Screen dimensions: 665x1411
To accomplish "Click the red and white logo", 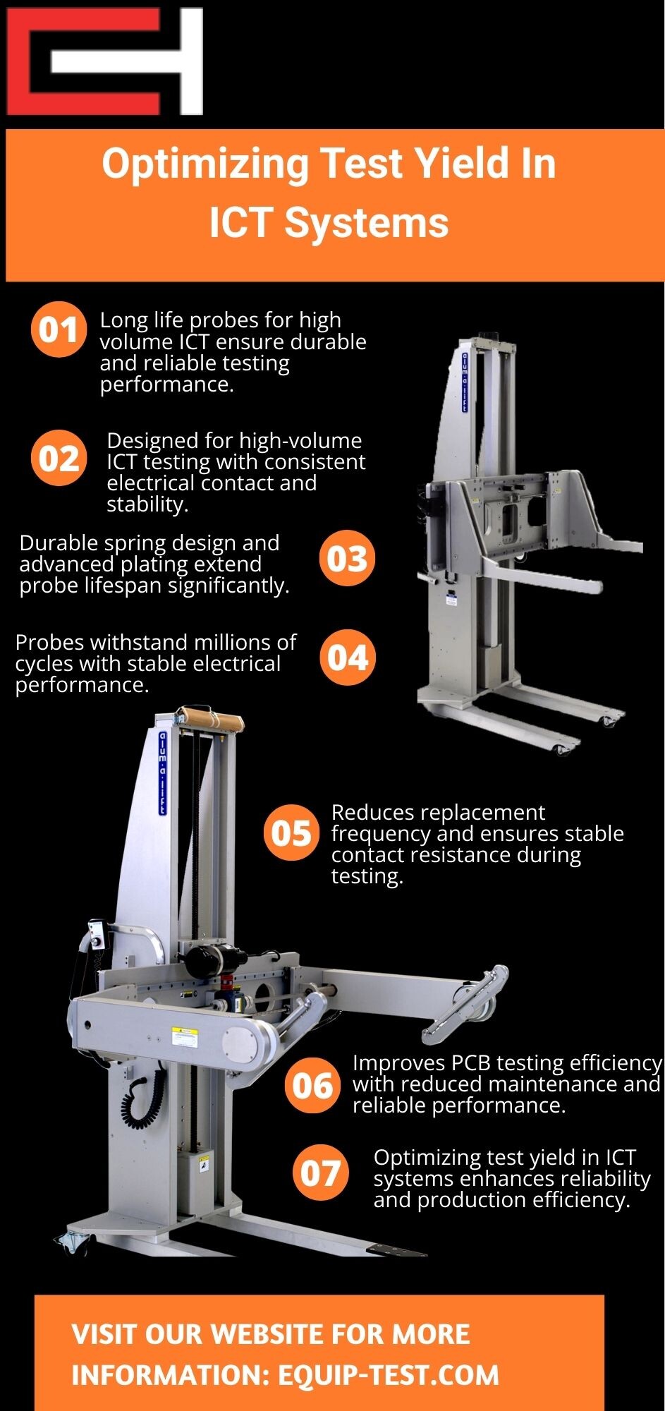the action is [104, 61].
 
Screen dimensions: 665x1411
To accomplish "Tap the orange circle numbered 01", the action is [59, 329].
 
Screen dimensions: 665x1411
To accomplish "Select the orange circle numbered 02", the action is [59, 459].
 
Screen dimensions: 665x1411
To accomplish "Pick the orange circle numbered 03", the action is [347, 559].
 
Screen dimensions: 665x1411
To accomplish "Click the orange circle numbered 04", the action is [347, 658].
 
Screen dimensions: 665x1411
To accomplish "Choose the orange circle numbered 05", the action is [291, 833].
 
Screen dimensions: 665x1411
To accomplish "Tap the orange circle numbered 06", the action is [312, 1085].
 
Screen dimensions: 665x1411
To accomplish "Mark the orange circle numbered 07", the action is [320, 1173].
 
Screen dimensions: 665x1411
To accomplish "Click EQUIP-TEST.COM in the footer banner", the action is [389, 1374].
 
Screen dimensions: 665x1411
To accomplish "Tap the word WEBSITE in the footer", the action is [268, 1333].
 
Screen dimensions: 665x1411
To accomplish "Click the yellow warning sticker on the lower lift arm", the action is [184, 1036].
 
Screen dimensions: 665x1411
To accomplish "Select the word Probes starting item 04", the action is [49, 643].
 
